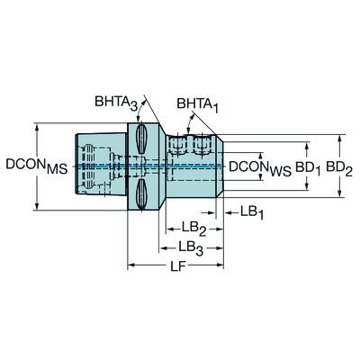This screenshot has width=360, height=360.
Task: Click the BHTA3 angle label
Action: (x=116, y=103)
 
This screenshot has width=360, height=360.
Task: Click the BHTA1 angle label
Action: (x=197, y=105)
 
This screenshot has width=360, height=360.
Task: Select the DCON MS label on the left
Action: (x=37, y=166)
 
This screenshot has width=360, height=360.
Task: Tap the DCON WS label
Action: (x=260, y=168)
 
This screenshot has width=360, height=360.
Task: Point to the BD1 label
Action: (x=309, y=167)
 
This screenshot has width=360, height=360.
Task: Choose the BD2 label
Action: (x=339, y=167)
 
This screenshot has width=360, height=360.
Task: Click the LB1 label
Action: (x=252, y=212)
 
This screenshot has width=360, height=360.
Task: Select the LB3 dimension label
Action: (x=191, y=248)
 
